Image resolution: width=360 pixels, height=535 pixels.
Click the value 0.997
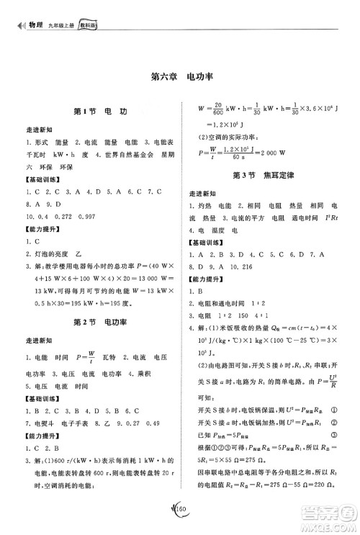105,217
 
